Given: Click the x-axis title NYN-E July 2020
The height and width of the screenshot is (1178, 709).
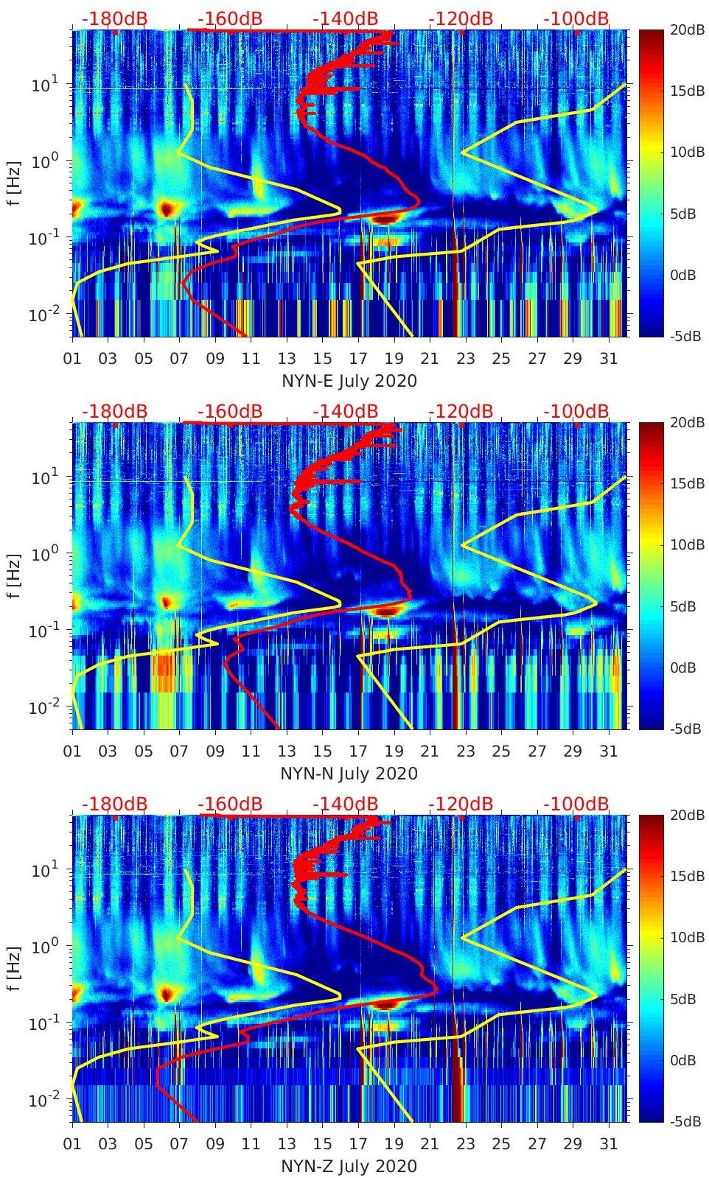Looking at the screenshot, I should pos(349,381).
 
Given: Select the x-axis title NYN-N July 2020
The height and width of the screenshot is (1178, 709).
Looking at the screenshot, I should pos(349,774).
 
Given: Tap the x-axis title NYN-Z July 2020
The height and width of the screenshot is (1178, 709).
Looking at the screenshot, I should pos(349,1166).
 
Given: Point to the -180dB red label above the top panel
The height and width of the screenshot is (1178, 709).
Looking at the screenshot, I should pos(114,18).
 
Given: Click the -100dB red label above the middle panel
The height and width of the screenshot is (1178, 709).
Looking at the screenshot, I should pos(576,411).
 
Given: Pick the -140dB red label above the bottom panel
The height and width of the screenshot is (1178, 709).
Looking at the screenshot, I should pos(346,804).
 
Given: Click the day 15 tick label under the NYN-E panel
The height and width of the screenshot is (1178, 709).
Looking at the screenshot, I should pos(322,359).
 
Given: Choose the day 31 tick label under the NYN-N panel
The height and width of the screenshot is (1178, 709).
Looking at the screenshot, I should pos(608,751).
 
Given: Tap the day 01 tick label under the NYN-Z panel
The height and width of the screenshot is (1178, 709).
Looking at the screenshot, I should pos(72,1144).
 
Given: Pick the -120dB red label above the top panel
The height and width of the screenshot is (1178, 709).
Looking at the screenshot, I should pos(461,18).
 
